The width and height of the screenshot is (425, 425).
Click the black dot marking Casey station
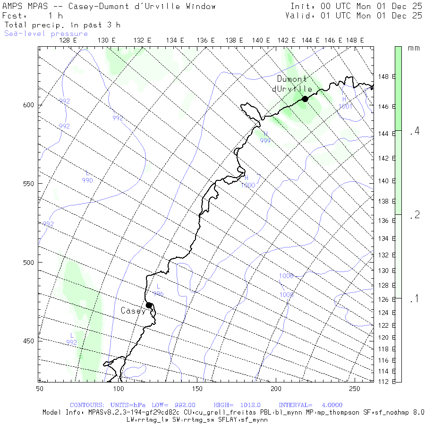149,305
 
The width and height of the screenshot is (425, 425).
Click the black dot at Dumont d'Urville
305,99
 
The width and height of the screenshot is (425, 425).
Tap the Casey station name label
133,311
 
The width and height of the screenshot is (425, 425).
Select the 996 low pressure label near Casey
158,294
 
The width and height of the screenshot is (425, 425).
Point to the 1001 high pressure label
346,106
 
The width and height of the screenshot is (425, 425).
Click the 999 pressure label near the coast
265,141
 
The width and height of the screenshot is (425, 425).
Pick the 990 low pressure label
87,180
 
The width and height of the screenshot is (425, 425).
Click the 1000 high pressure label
248,185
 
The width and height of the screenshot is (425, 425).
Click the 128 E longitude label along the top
69,41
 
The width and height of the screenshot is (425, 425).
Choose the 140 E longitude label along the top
261,41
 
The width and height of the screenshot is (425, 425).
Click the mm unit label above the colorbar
414,48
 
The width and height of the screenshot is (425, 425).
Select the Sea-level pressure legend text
46,34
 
